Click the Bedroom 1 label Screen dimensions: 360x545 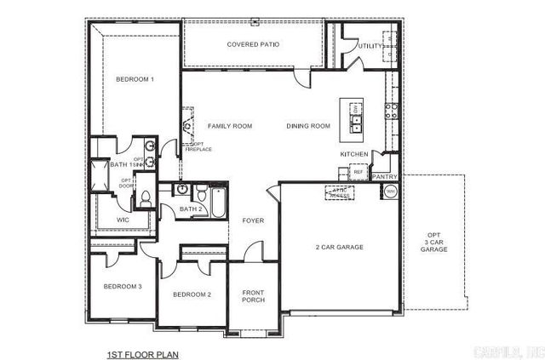(135, 80)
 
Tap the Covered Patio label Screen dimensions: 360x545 (254, 44)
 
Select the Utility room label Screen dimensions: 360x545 (370, 46)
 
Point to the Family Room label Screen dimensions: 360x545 (230, 126)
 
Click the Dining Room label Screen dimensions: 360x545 (307, 126)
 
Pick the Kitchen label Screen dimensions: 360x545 (354, 154)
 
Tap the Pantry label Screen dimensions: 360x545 (385, 177)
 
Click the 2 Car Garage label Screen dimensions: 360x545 (339, 247)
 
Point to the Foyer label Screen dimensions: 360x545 (253, 220)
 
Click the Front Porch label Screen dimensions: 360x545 (253, 297)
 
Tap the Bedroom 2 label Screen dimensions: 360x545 (192, 294)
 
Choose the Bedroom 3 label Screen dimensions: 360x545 (122, 286)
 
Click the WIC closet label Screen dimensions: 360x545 (123, 220)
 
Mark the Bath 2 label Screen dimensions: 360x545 (191, 209)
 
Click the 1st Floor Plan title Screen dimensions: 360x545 (142, 352)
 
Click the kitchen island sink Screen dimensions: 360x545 (356, 129)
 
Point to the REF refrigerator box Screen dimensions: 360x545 (358, 172)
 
